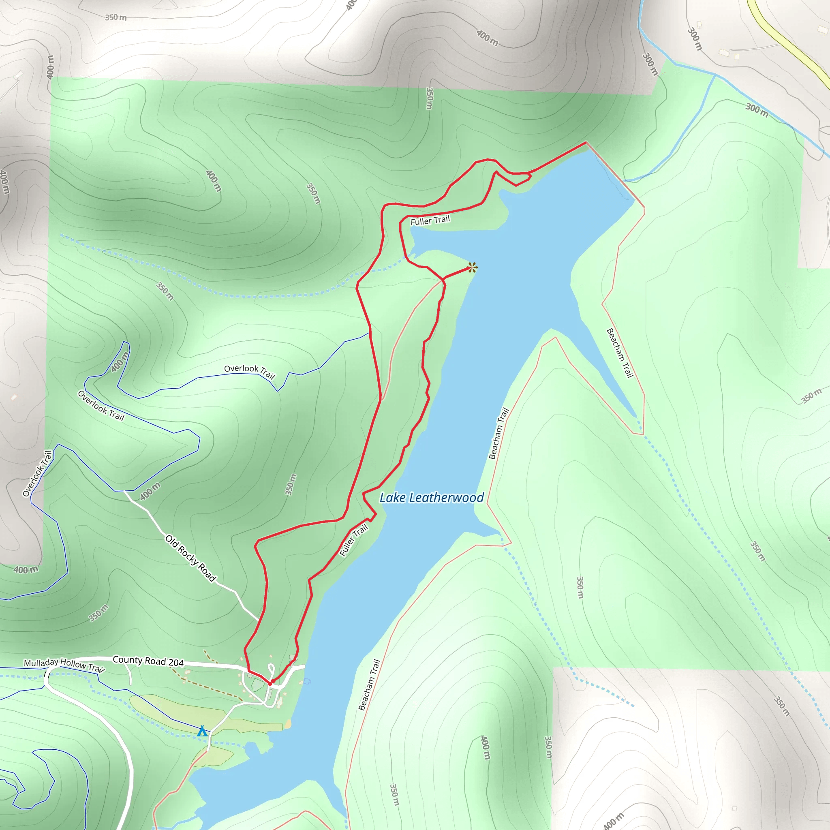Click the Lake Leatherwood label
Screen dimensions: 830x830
(431, 498)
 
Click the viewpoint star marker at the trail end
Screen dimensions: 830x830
(472, 267)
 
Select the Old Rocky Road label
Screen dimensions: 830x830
(190, 558)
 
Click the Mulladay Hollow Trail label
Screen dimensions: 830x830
(64, 665)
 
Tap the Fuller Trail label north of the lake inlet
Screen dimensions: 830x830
(430, 220)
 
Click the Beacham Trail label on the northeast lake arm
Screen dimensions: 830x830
(620, 353)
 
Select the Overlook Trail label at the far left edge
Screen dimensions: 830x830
(37, 473)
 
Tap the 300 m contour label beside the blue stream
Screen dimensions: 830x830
(757, 110)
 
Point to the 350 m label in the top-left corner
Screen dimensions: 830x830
(116, 17)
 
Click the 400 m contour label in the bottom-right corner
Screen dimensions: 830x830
(614, 821)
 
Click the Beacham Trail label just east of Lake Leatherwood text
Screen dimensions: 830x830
(498, 434)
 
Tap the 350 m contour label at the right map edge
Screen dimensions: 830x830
(811, 396)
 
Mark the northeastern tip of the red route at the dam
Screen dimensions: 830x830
(586, 142)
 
